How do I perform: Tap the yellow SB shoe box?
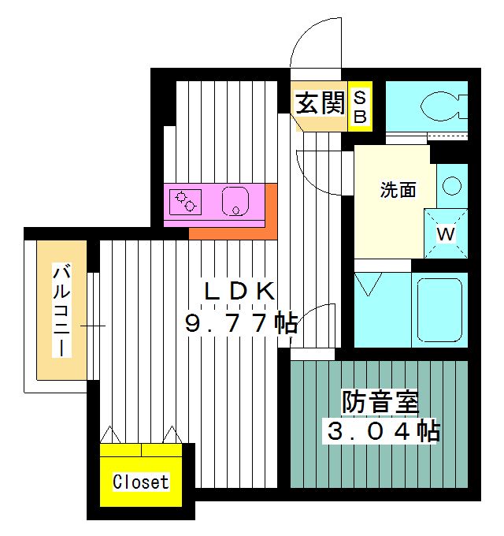click(x=360, y=107)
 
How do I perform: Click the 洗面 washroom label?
click(x=398, y=190)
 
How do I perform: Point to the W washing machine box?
click(x=446, y=234)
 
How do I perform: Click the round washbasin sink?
click(x=451, y=187)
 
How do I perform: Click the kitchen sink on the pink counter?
click(x=235, y=202)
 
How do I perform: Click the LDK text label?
click(x=239, y=291)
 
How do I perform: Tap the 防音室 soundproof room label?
click(x=380, y=402)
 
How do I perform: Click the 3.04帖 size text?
click(x=383, y=431)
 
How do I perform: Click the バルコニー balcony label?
click(x=62, y=311)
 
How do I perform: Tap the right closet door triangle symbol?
click(x=172, y=435)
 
